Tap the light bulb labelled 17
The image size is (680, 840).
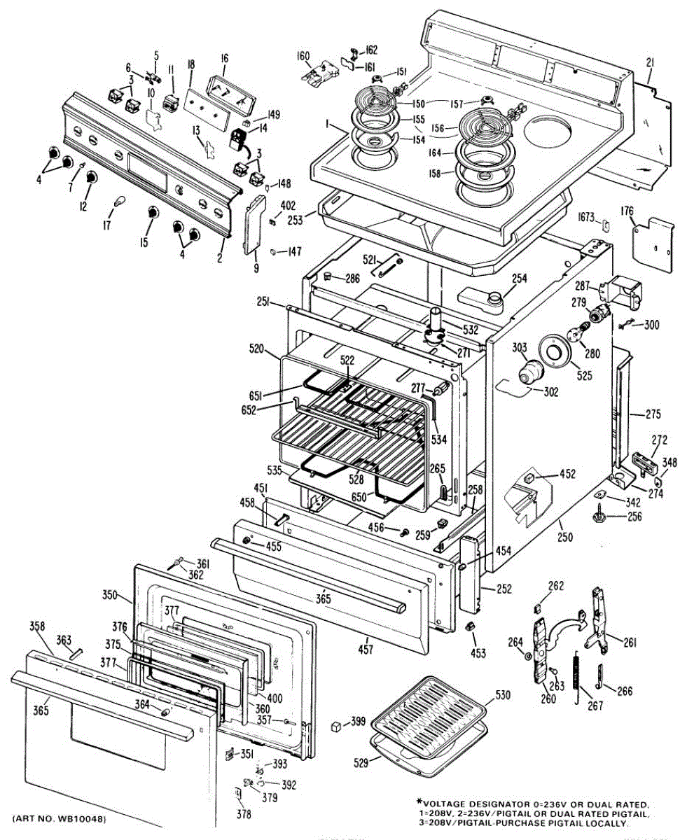point(120,203)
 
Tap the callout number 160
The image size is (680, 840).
point(303,56)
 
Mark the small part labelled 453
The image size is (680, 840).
point(472,624)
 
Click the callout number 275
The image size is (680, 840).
point(653,414)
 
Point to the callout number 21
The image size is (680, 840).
point(649,64)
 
